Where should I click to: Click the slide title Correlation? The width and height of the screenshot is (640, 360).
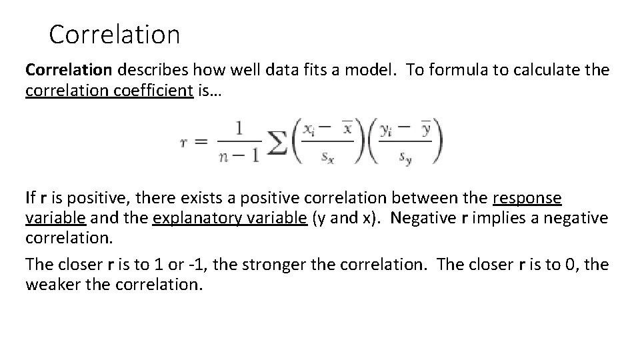[x=114, y=35]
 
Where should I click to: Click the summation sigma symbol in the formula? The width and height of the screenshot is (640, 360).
[x=277, y=141]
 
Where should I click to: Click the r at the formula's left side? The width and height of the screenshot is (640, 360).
[x=183, y=142]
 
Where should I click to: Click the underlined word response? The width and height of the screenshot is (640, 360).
[x=527, y=198]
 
